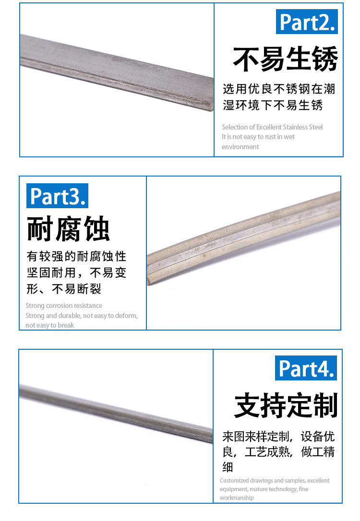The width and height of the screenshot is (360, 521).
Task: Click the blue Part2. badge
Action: coord(307,22)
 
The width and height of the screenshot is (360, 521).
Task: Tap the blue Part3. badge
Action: coord(57,196)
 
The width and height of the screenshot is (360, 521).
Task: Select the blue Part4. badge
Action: coord(306,368)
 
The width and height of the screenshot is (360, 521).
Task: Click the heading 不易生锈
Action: coord(286,59)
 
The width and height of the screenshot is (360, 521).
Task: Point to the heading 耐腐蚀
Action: coord(68,229)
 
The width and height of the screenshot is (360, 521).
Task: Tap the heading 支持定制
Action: coord(286,405)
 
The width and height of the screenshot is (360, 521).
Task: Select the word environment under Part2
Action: coord(240,147)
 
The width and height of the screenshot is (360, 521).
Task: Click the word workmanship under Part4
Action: coord(237,498)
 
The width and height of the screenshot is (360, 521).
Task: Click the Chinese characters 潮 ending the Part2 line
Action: coord(329,89)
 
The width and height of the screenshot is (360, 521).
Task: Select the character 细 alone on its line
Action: coord(228,467)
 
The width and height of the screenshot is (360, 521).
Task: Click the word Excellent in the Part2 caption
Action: coord(269,127)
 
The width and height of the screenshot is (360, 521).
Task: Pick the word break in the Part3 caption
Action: coord(66,325)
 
